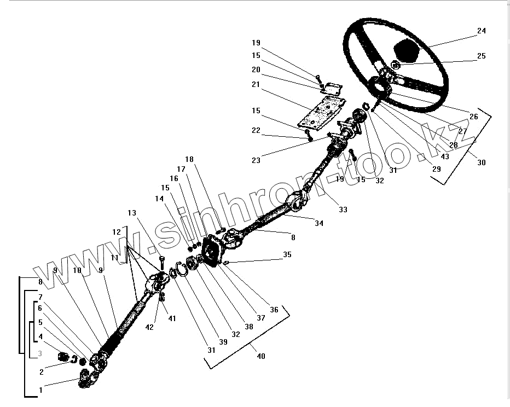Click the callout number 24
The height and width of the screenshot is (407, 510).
click(481, 31)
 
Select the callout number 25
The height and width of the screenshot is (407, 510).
click(481, 56)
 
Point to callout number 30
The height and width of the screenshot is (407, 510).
click(481, 162)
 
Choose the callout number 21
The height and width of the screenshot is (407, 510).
click(257, 84)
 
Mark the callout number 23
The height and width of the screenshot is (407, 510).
click(256, 160)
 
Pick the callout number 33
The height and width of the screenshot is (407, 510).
click(343, 210)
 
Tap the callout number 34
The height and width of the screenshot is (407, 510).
click(318, 223)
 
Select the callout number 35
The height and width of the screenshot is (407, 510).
click(287, 255)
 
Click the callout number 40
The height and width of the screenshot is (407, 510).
click(261, 356)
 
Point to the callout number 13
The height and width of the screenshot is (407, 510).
click(131, 213)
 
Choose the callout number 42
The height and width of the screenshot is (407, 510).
click(149, 327)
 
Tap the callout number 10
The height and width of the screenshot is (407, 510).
click(77, 270)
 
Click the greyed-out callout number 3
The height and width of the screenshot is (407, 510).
click(40, 353)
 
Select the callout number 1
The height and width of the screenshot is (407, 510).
click(40, 390)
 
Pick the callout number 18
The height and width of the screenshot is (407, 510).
click(189, 160)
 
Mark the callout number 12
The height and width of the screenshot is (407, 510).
click(117, 232)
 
